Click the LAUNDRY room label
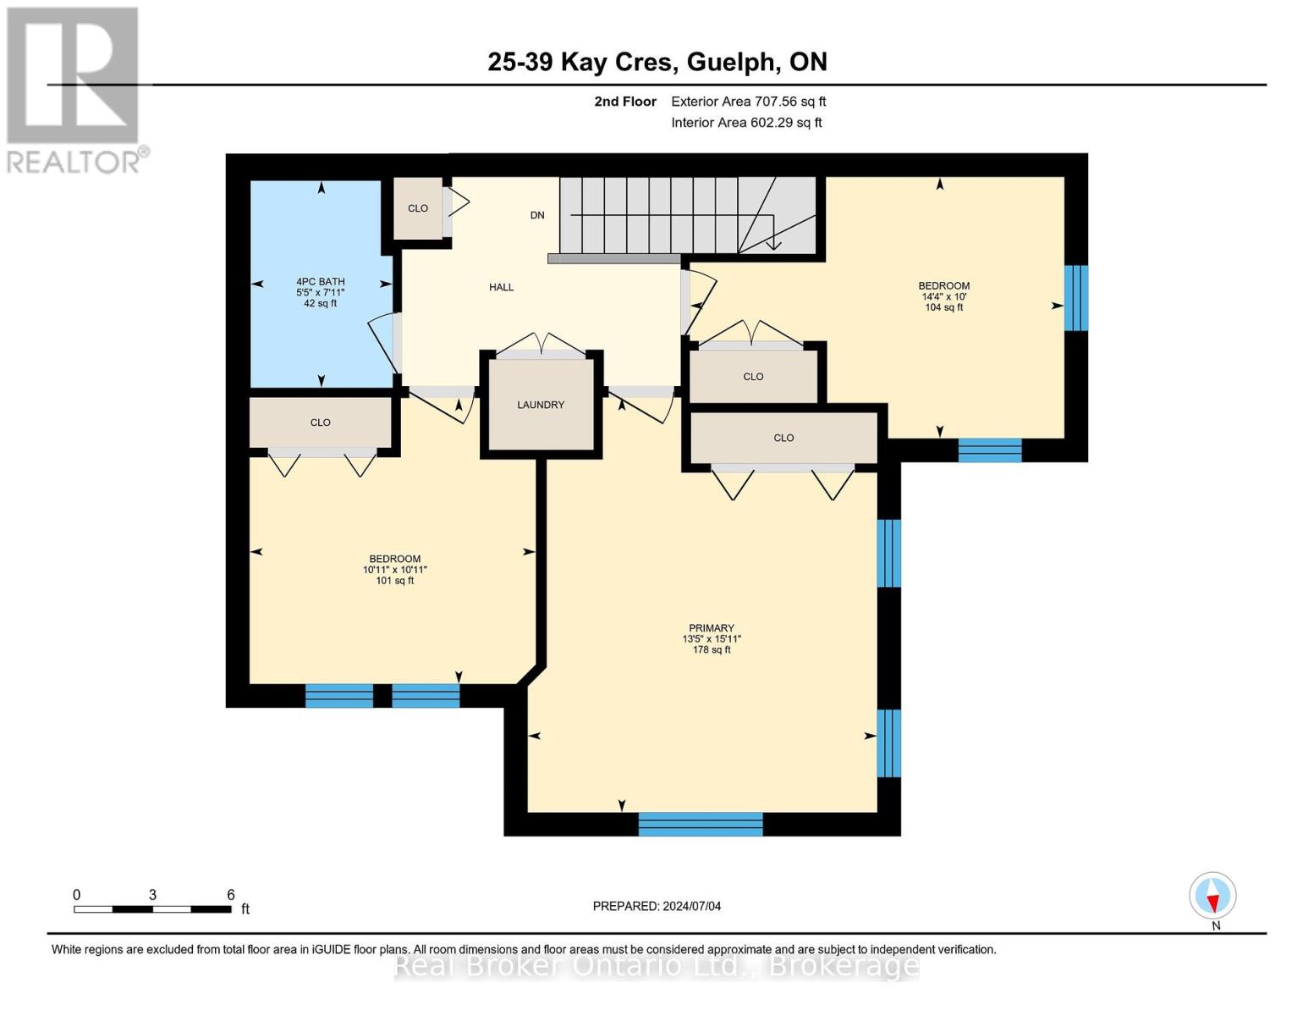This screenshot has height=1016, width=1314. tap(541, 405)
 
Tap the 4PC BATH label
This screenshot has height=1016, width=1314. tap(321, 281)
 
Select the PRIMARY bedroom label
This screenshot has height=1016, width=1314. tap(711, 628)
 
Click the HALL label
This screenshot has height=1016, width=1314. tap(501, 287)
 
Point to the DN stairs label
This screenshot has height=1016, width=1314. tap(537, 215)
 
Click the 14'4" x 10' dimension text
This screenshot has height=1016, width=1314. tap(944, 296)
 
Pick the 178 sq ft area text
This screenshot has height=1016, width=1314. tap(712, 650)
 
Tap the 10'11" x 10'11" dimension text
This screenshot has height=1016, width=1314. tap(395, 570)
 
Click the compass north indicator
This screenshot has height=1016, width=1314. tap(1212, 896)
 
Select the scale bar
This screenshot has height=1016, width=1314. tap(152, 909)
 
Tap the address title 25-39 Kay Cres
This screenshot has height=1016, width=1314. tap(580, 62)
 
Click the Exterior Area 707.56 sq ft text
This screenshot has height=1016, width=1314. tap(749, 102)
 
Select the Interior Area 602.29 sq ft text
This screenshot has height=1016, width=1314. tap(747, 123)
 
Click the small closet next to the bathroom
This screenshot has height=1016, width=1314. tap(418, 208)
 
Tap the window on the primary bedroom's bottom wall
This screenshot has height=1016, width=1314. tap(701, 824)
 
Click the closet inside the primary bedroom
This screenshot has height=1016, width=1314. tap(783, 438)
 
